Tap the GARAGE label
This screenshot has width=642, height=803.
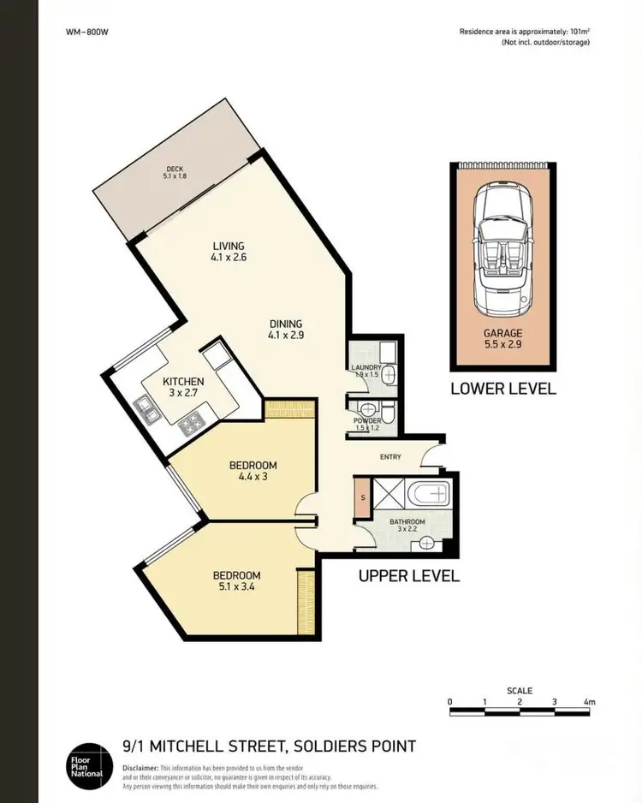tap(503, 334)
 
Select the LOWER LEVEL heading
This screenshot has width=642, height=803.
tap(503, 389)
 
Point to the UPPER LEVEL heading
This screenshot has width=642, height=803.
tap(408, 575)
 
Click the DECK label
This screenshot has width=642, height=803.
tap(175, 169)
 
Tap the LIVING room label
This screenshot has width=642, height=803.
tap(229, 247)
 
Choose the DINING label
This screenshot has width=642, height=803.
tap(286, 324)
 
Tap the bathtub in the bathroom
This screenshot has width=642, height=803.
tap(428, 494)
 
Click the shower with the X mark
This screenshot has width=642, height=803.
tap(385, 495)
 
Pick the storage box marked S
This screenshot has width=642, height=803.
tap(362, 498)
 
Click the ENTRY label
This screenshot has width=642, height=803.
tap(390, 457)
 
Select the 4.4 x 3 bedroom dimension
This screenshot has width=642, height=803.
tap(253, 477)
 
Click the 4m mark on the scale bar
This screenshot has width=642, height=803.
tap(588, 702)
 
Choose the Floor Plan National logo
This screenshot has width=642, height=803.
tap(88, 762)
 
